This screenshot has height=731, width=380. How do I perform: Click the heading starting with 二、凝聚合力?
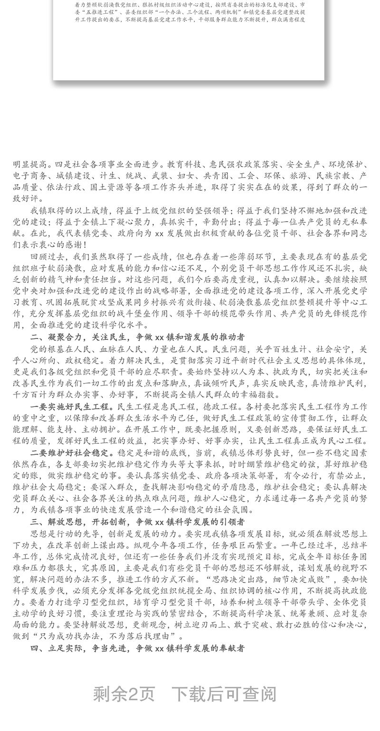click(x=138, y=337)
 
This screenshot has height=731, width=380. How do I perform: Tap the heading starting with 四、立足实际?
click(x=138, y=647)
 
